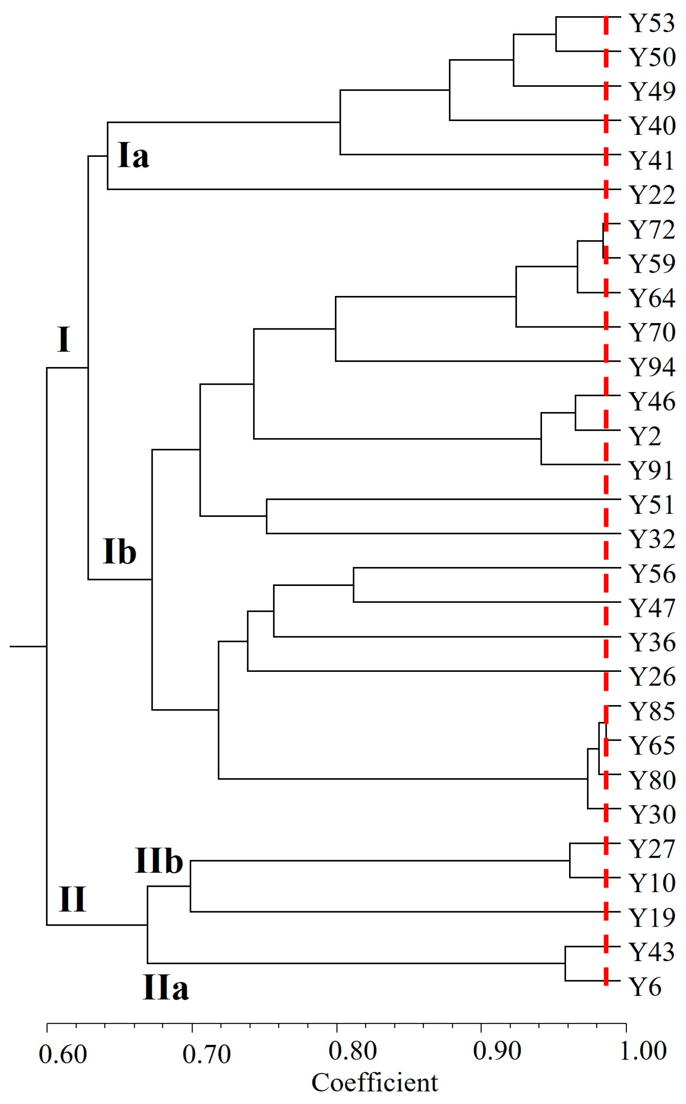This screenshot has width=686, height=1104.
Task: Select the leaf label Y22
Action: pos(651,195)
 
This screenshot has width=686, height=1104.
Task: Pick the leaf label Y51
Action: pos(651,505)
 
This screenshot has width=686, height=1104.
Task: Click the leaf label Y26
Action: pos(651,677)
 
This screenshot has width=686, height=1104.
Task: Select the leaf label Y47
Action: pos(651,608)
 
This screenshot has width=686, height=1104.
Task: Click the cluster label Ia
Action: pos(133,156)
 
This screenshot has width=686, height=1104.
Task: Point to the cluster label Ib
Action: pos(119,552)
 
